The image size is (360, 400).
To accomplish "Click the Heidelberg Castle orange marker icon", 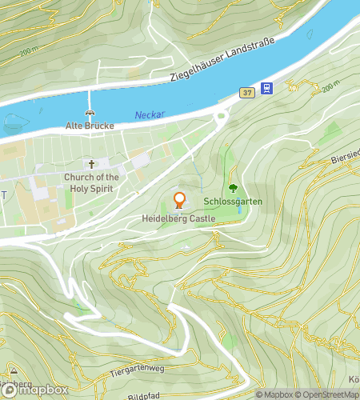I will click(x=179, y=200).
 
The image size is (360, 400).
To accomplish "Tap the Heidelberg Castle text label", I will click(x=179, y=218).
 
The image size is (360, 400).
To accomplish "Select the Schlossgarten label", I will click(x=233, y=202).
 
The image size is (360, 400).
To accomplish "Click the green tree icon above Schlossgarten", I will click(x=233, y=189).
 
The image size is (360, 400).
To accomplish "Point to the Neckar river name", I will click(x=149, y=114).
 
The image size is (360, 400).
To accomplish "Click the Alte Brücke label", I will click(x=90, y=126).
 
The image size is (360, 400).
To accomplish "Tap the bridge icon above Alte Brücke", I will click(x=90, y=114).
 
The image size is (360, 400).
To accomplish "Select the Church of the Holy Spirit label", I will click(x=91, y=182).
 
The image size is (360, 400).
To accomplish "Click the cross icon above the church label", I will click(x=91, y=165).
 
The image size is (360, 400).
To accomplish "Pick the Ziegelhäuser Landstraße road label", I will click(x=222, y=59).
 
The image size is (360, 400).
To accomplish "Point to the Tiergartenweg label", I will click(x=139, y=369).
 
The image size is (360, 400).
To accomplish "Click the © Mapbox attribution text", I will click(x=274, y=394).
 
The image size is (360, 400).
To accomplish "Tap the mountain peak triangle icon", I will click(x=14, y=372).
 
